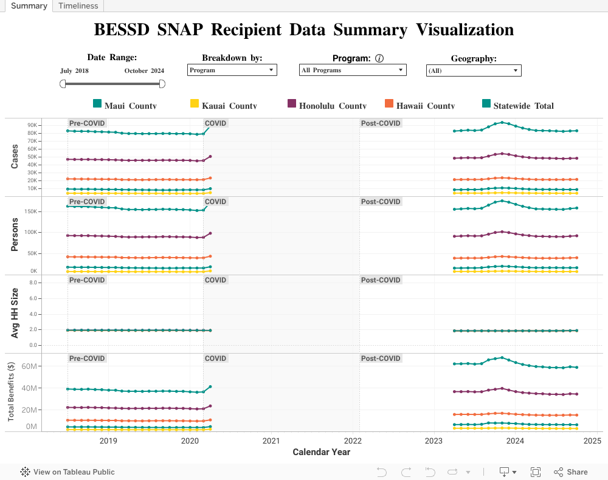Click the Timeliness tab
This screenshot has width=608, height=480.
pos(78,5)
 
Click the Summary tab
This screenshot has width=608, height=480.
pos(29,5)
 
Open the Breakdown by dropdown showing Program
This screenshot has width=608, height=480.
pos(232,70)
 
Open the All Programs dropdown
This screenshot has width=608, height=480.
pos(352,70)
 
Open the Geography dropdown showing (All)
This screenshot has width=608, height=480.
pos(474,71)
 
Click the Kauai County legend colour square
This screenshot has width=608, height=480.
pos(195,104)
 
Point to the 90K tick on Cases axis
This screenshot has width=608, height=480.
pos(32,125)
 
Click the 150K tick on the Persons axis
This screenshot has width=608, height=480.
pos(30,212)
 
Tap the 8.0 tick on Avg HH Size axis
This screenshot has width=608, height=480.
pos(33,283)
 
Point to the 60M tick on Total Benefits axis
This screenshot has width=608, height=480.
pos(29,366)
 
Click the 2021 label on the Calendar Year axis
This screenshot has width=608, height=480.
pos(271,441)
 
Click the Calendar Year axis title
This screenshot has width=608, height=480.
pos(321,452)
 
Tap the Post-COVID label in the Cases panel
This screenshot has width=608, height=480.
pos(381,123)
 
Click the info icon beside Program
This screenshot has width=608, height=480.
pos(379,58)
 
